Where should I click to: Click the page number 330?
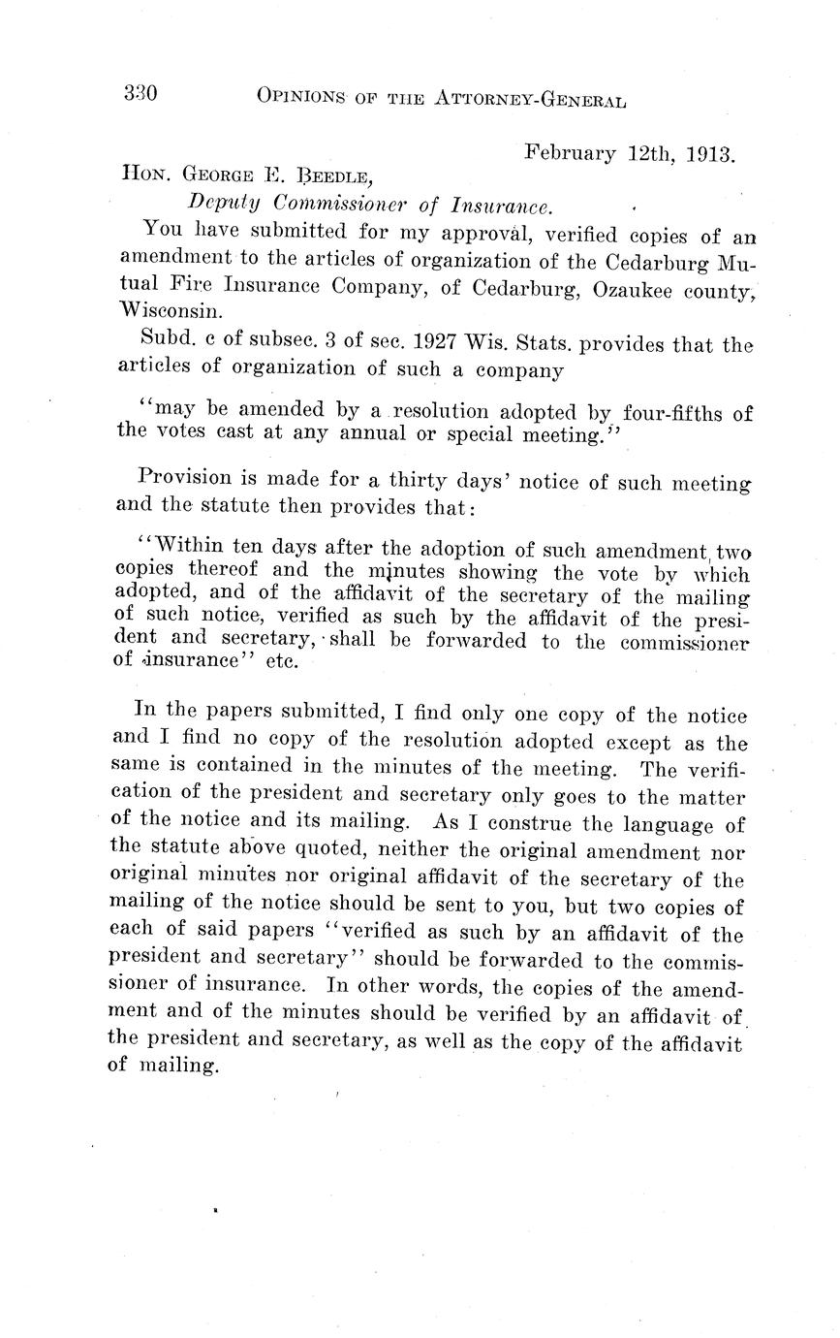pyautogui.click(x=140, y=93)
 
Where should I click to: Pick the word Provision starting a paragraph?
pyautogui.click(x=186, y=477)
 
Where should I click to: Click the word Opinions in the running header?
pyautogui.click(x=302, y=96)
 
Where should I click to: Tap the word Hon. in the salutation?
pyautogui.click(x=142, y=177)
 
